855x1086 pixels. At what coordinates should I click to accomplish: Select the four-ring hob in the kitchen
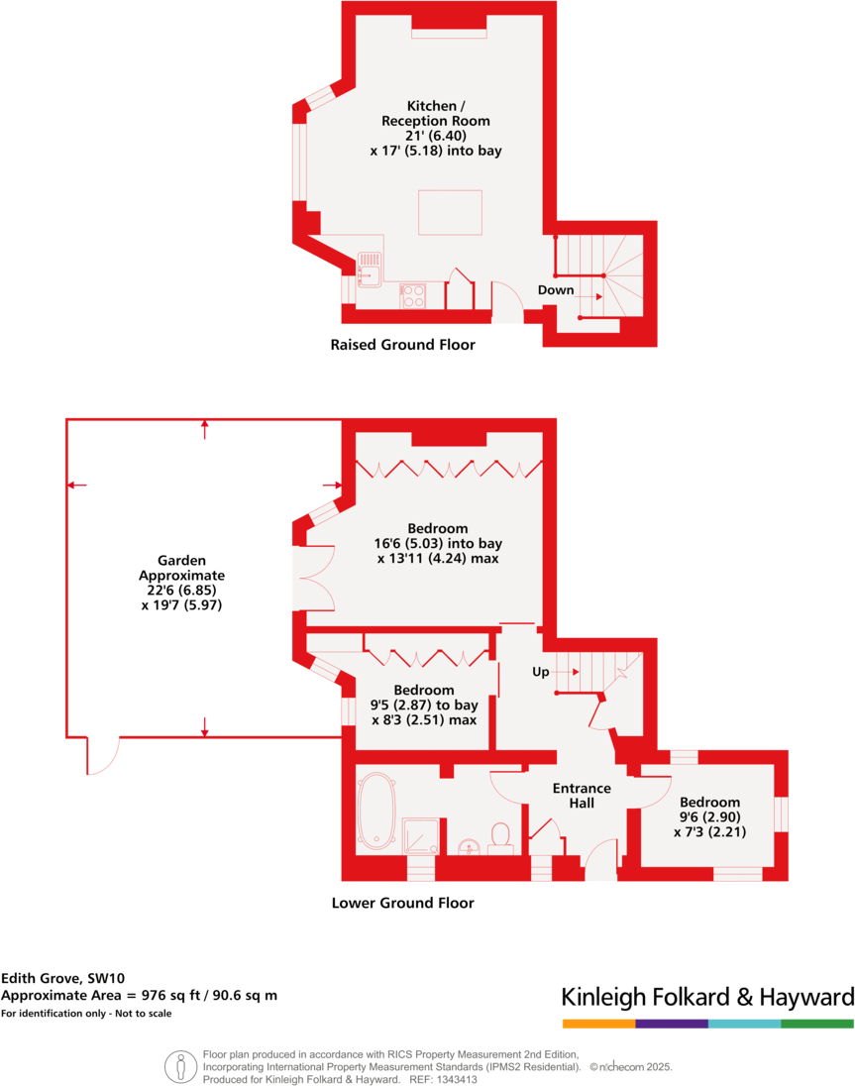pos(413,295)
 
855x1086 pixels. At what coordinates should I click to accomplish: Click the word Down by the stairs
pos(556,290)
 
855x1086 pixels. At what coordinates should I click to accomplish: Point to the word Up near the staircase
pos(541,672)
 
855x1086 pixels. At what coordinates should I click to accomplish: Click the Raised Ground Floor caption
pos(402,346)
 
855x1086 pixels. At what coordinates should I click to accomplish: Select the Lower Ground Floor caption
pos(402,903)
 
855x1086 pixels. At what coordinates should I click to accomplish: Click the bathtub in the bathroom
pos(377,811)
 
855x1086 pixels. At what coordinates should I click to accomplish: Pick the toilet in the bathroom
pos(501,835)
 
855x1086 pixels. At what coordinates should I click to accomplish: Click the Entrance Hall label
pos(582,796)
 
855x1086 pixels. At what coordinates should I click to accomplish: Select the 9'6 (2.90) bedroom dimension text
pos(708,817)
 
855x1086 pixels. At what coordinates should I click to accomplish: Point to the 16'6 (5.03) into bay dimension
pos(437,544)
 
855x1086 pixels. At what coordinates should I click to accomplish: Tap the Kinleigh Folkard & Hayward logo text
pos(707,997)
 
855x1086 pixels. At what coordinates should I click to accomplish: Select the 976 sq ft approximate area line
pos(140,995)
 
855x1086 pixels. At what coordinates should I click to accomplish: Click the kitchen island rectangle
pos(450,211)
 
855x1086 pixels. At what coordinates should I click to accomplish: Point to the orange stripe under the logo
pos(598,1023)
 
